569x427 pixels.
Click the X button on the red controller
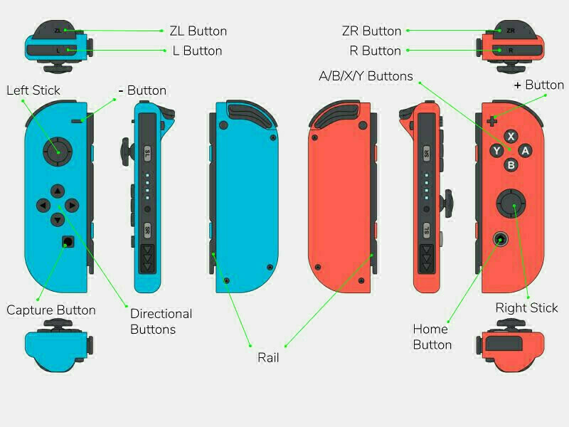[x=511, y=137]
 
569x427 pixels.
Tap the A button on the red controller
[x=525, y=151]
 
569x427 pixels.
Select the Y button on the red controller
[x=496, y=151]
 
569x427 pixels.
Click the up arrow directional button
[x=58, y=191]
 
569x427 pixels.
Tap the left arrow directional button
[x=43, y=206]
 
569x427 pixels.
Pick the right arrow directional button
[x=72, y=206]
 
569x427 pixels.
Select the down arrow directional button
[x=58, y=220]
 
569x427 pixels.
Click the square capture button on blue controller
[x=68, y=241]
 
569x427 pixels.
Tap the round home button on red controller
[x=501, y=239]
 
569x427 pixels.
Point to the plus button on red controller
[x=492, y=121]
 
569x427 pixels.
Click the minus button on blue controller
[x=77, y=121]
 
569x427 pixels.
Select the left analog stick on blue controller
[x=58, y=152]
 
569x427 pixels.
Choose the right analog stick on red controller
[x=511, y=204]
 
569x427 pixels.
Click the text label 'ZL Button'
[x=198, y=31]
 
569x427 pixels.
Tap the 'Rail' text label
[x=268, y=358]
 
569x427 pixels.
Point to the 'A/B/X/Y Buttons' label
[x=366, y=76]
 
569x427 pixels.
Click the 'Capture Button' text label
[x=51, y=310]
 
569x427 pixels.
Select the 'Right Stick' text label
[x=526, y=308]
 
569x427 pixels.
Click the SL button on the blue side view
[x=147, y=154]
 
